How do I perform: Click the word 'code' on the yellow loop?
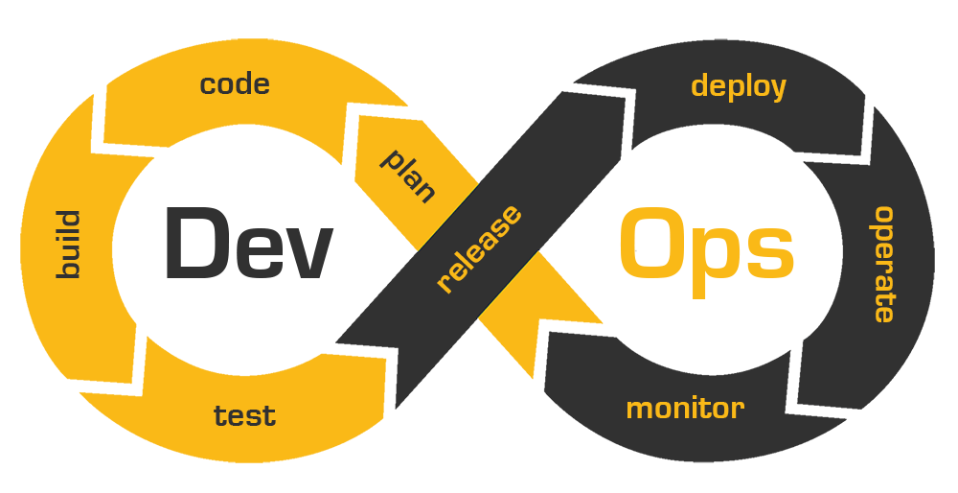click(235, 84)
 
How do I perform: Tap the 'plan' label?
click(408, 174)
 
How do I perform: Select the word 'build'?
click(67, 245)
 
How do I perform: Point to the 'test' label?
click(244, 416)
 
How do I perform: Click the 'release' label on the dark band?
click(479, 248)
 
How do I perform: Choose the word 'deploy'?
click(739, 86)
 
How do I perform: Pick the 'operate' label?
click(883, 264)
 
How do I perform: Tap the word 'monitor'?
click(685, 409)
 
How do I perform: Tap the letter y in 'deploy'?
click(777, 89)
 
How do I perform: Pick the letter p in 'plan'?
click(391, 158)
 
